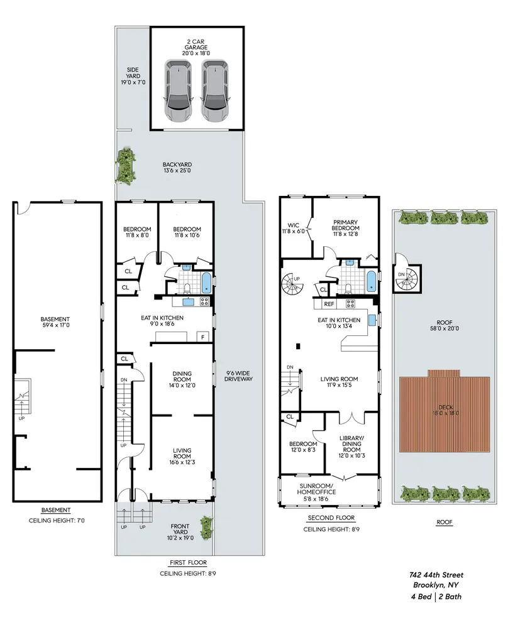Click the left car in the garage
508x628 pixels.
point(179,92)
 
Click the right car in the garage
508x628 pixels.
point(215,92)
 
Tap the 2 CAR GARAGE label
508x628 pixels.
point(196,47)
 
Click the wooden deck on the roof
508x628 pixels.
point(444,413)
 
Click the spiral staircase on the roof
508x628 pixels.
point(408,276)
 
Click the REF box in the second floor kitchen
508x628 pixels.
point(329,304)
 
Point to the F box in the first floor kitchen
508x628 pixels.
point(203,336)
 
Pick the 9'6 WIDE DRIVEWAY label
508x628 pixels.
point(239,376)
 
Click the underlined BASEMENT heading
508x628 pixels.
point(55,510)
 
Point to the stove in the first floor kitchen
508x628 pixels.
point(204,301)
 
